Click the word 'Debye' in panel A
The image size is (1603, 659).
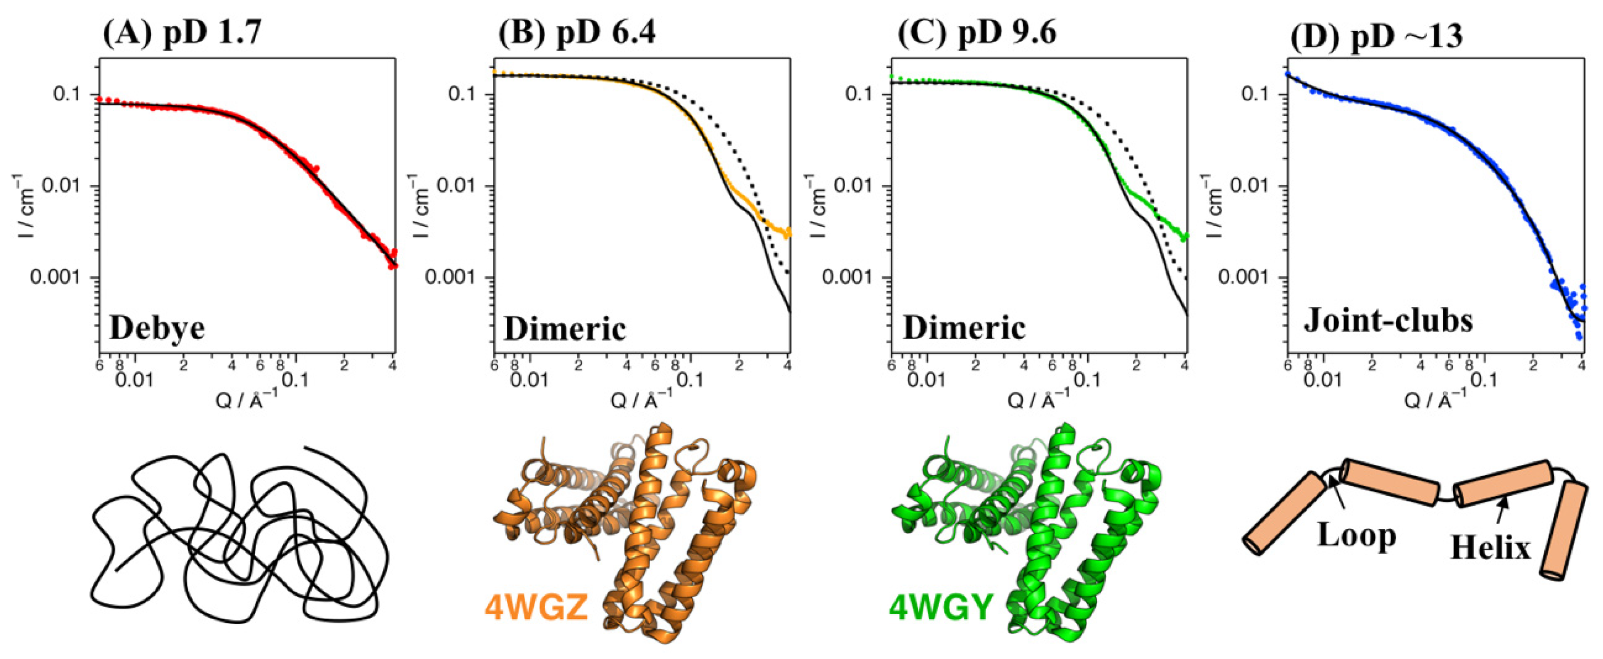tap(157, 328)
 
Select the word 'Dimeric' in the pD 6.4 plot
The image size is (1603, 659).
tap(564, 328)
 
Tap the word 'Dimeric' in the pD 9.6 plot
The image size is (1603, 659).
tap(964, 328)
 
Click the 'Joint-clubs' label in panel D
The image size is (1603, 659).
tap(1388, 321)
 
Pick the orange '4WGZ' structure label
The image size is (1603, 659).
tap(537, 607)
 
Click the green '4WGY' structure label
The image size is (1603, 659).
tap(941, 607)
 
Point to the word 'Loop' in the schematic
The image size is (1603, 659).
tap(1356, 535)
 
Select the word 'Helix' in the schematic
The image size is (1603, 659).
tap(1490, 548)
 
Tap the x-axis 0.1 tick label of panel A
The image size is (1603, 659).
tap(295, 379)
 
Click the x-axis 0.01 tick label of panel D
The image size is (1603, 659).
tap(1323, 379)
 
